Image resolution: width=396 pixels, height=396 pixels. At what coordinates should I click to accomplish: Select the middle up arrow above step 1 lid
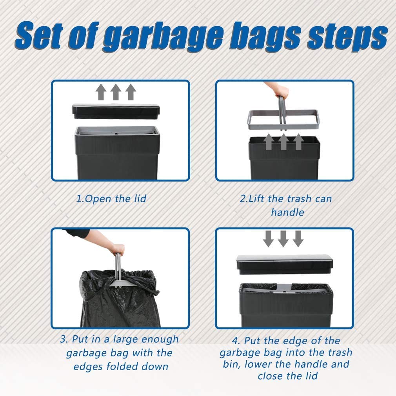click(x=116, y=92)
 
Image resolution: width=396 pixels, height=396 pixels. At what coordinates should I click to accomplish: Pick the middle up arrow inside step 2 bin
click(x=283, y=142)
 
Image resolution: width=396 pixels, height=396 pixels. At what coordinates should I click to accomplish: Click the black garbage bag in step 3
click(x=120, y=299)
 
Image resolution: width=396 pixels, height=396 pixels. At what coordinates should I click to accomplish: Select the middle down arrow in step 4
click(x=283, y=238)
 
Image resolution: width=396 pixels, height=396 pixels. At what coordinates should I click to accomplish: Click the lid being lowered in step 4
click(x=285, y=264)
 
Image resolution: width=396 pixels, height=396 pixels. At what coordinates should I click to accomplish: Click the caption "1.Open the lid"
click(x=111, y=199)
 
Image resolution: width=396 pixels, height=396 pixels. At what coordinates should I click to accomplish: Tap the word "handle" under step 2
click(x=287, y=212)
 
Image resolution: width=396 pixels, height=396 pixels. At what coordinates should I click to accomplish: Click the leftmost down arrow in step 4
click(x=268, y=238)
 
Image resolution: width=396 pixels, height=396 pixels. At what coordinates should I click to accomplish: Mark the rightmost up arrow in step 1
click(x=131, y=92)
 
